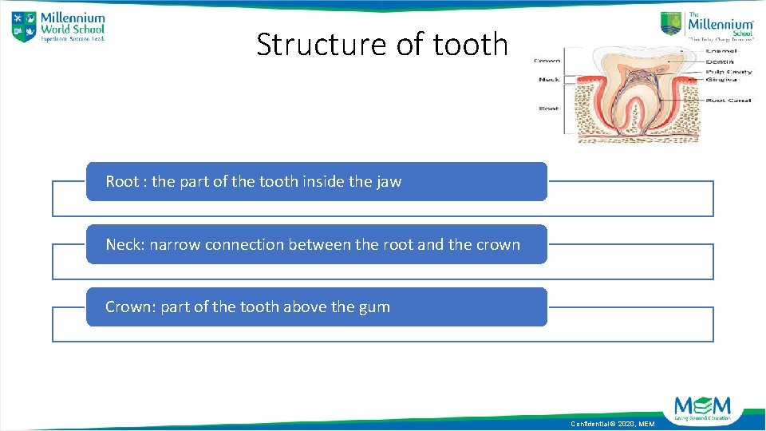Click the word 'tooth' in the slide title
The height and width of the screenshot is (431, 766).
tap(470, 45)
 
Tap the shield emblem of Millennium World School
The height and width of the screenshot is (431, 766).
tap(24, 26)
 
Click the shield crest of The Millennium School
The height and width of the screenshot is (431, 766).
tap(672, 23)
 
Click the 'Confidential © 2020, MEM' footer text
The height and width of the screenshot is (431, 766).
tap(612, 424)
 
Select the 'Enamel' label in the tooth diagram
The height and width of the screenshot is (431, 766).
tap(721, 50)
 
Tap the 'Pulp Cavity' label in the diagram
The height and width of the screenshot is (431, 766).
tap(728, 71)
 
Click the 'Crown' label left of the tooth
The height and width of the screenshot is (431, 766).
tap(547, 61)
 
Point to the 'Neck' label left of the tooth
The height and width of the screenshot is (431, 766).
tap(549, 79)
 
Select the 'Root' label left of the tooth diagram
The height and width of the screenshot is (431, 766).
tap(549, 108)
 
